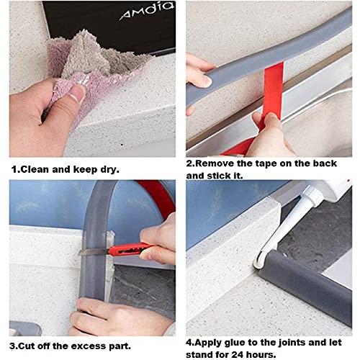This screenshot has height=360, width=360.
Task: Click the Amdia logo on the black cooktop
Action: pyautogui.click(x=146, y=11)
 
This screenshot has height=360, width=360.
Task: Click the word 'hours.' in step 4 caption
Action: pyautogui.click(x=261, y=355)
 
